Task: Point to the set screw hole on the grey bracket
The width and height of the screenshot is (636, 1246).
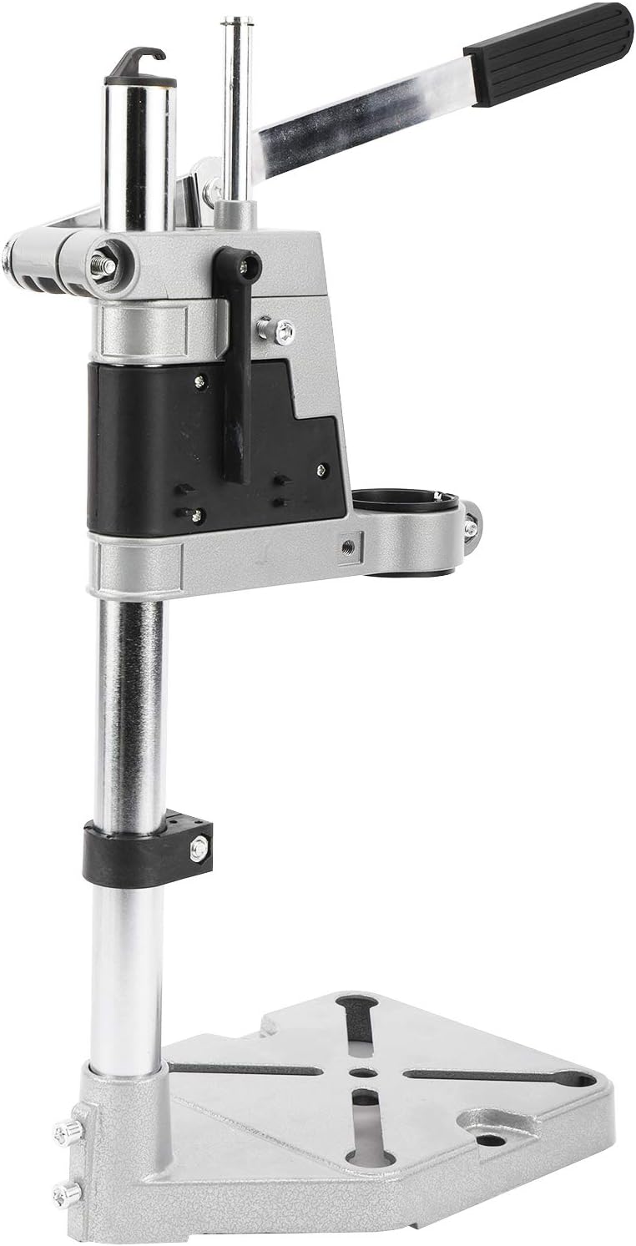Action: coord(347,547)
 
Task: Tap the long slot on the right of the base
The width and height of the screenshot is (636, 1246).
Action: coord(501,1077)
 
